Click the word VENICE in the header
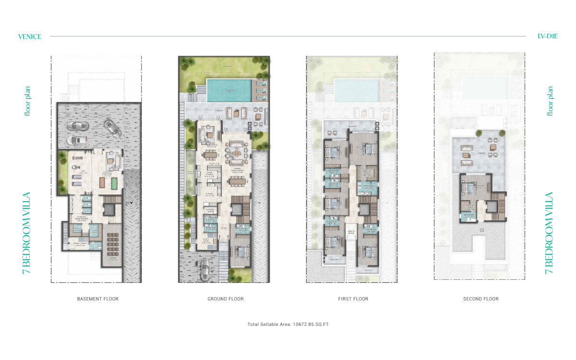pyautogui.click(x=30, y=36)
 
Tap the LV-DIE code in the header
pyautogui.click(x=548, y=36)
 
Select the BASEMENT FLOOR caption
pyautogui.click(x=98, y=299)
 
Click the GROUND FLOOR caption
pyautogui.click(x=226, y=299)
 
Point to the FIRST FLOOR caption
pyautogui.click(x=353, y=299)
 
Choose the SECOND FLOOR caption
pyautogui.click(x=481, y=299)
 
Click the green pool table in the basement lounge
pyautogui.click(x=114, y=183)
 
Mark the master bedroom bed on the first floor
pyautogui.click(x=369, y=147)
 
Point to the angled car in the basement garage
pyautogui.click(x=112, y=128)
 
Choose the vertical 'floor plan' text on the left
pyautogui.click(x=27, y=101)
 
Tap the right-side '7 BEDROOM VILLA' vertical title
pyautogui.click(x=549, y=233)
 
